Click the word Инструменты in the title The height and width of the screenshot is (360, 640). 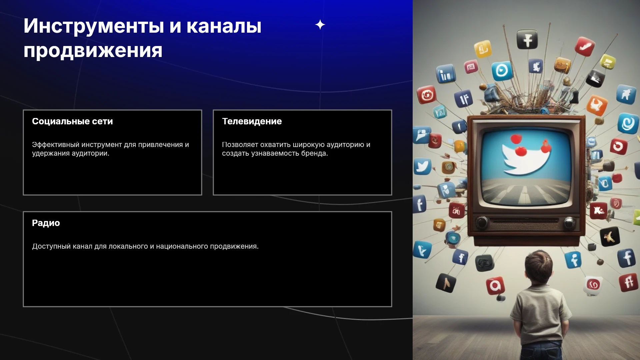(x=94, y=26)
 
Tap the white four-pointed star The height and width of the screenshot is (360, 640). (x=320, y=25)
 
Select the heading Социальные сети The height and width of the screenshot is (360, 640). (x=72, y=121)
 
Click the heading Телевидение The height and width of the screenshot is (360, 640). (x=252, y=121)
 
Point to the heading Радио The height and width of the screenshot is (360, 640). (x=46, y=223)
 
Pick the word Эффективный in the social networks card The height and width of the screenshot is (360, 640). (x=56, y=145)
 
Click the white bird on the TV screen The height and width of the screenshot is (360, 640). (x=526, y=157)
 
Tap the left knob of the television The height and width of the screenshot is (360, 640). (x=482, y=222)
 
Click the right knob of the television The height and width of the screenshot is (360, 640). (x=569, y=223)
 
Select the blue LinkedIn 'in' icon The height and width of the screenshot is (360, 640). (x=446, y=74)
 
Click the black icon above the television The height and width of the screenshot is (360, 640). (x=527, y=40)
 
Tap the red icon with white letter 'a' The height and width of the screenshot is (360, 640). (x=495, y=286)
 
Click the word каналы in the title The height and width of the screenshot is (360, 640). (x=224, y=26)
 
